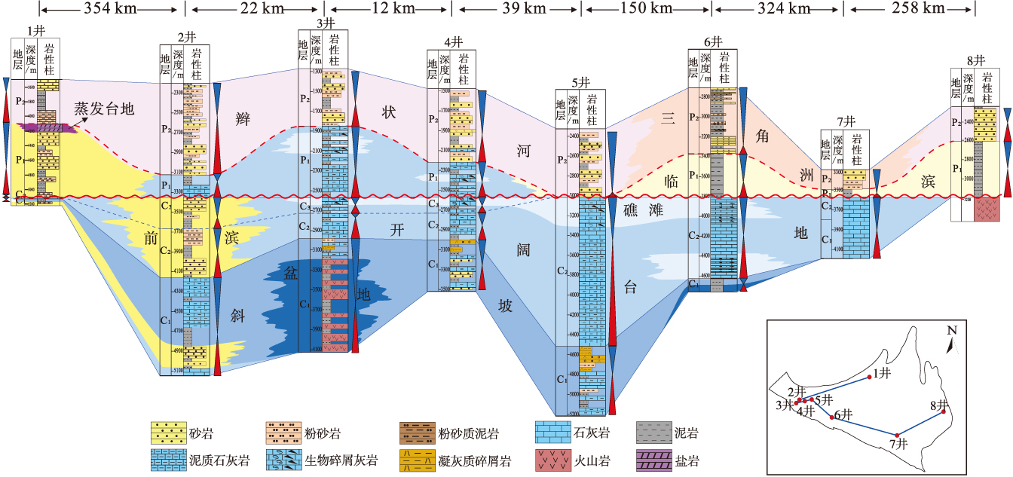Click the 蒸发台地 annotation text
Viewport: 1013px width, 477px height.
click(x=104, y=109)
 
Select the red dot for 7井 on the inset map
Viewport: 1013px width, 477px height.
click(x=897, y=435)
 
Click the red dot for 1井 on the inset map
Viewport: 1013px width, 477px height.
click(x=871, y=377)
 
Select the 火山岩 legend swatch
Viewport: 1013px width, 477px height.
click(x=552, y=457)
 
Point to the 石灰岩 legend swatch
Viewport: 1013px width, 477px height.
click(x=552, y=433)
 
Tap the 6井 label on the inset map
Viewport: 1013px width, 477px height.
click(x=843, y=414)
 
